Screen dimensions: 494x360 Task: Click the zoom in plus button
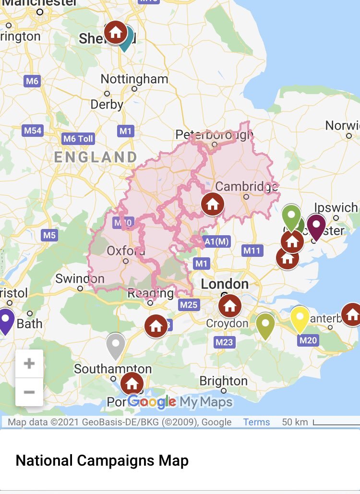pyautogui.click(x=29, y=363)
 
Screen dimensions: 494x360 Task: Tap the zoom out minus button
pyautogui.click(x=29, y=392)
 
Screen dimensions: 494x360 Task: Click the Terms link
pyautogui.click(x=256, y=422)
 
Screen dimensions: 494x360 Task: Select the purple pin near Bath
pyautogui.click(x=5, y=319)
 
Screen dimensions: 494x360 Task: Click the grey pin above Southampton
pyautogui.click(x=115, y=345)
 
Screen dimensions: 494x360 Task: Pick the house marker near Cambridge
pyautogui.click(x=213, y=205)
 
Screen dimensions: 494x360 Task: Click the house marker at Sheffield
pyautogui.click(x=116, y=33)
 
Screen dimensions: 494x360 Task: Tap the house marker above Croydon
pyautogui.click(x=229, y=305)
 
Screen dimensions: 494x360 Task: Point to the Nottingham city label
pyautogui.click(x=134, y=79)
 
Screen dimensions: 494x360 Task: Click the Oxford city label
pyautogui.click(x=126, y=251)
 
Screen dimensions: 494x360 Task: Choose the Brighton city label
pyautogui.click(x=223, y=381)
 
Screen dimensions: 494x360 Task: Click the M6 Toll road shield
pyautogui.click(x=79, y=139)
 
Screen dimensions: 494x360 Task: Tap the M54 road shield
pyautogui.click(x=33, y=130)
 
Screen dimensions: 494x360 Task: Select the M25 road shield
pyautogui.click(x=189, y=304)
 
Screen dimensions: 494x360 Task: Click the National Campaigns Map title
pyautogui.click(x=102, y=461)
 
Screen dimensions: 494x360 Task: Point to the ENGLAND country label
pyautogui.click(x=96, y=157)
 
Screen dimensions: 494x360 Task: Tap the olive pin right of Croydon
pyautogui.click(x=265, y=325)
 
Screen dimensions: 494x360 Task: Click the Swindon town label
pyautogui.click(x=80, y=278)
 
